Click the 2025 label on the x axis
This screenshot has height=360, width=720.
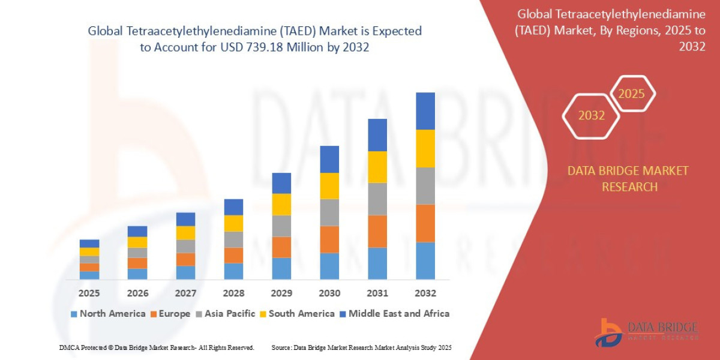click(89, 293)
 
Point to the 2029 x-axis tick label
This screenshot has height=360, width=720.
click(281, 293)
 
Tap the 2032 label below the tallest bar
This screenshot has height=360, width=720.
click(425, 293)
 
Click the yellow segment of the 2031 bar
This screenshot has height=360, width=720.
click(377, 167)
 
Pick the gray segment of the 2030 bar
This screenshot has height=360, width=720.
click(329, 212)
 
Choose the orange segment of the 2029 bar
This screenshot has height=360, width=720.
click(281, 247)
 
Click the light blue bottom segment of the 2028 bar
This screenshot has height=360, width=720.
click(233, 271)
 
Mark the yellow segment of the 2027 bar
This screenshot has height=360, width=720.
click(185, 233)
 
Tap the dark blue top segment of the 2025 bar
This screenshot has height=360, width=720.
click(89, 244)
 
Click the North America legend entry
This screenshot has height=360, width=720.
click(108, 313)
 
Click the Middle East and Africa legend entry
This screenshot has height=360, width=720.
click(394, 313)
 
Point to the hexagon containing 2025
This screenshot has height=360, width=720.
click(631, 94)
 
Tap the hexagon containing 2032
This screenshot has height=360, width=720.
click(591, 115)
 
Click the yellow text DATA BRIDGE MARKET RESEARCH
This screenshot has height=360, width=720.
click(628, 179)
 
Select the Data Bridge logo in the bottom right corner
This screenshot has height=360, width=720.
click(647, 332)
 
